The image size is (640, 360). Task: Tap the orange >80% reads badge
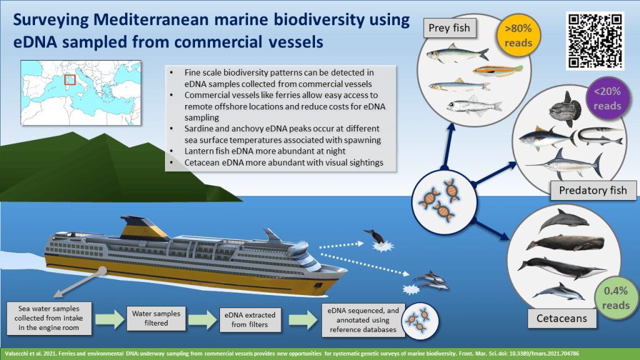tap(517, 36)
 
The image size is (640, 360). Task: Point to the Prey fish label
tap(449, 27)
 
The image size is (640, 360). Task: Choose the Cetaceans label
tap(562, 319)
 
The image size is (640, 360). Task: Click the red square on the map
tap(70, 80)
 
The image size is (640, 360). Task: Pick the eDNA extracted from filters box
tap(250, 319)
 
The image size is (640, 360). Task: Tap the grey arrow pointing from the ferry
tap(80, 281)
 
